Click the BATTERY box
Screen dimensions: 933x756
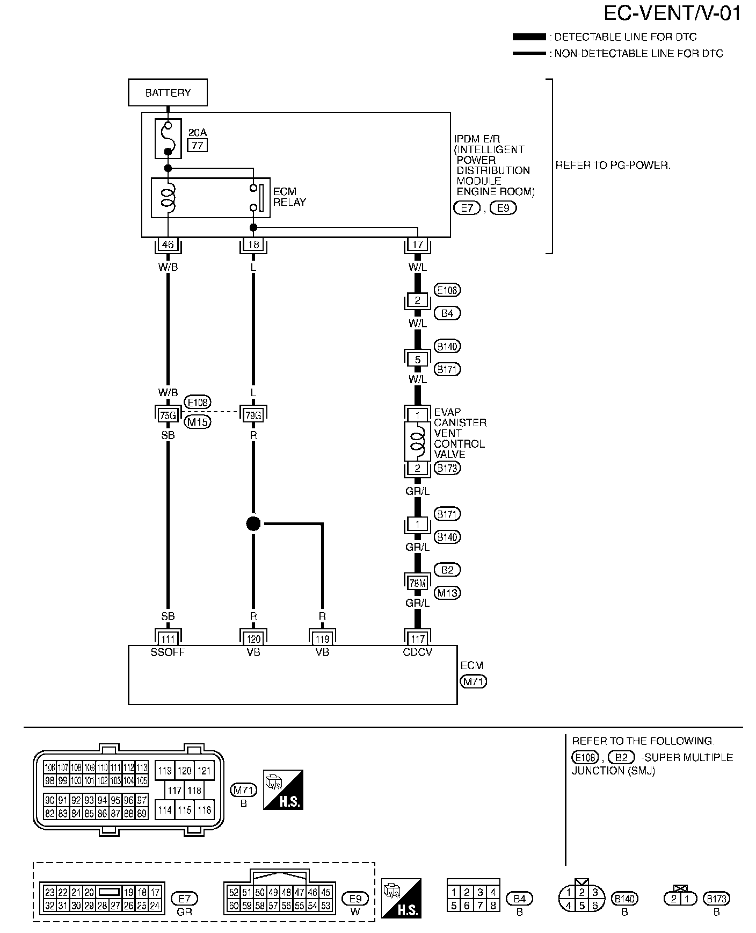[168, 93]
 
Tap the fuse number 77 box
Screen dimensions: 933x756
[197, 145]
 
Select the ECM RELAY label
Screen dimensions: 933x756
[289, 197]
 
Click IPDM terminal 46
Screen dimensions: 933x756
[168, 245]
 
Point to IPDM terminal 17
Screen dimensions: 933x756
[418, 245]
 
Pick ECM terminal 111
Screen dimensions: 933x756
[168, 639]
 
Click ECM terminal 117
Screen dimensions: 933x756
[418, 639]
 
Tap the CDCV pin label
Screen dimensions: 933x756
[418, 652]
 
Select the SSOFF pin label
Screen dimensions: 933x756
[168, 652]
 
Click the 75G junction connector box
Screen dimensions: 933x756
[168, 415]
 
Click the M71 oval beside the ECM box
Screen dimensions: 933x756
[474, 682]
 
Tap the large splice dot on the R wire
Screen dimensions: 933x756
[253, 523]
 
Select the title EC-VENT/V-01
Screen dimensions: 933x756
[672, 13]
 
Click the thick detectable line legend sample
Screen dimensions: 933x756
[529, 37]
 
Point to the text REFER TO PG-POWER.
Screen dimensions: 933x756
[613, 166]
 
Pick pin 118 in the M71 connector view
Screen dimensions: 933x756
[194, 791]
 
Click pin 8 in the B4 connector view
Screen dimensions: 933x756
[493, 906]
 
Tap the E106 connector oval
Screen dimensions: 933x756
[447, 290]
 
